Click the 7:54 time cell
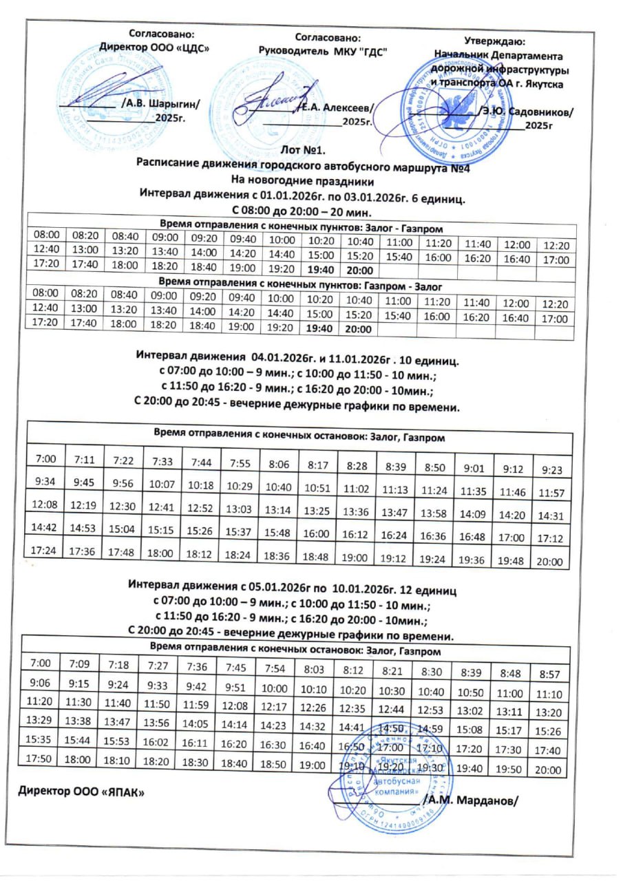[x=274, y=666]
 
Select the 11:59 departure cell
[x=198, y=705]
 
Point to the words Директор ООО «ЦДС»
[x=154, y=47]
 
